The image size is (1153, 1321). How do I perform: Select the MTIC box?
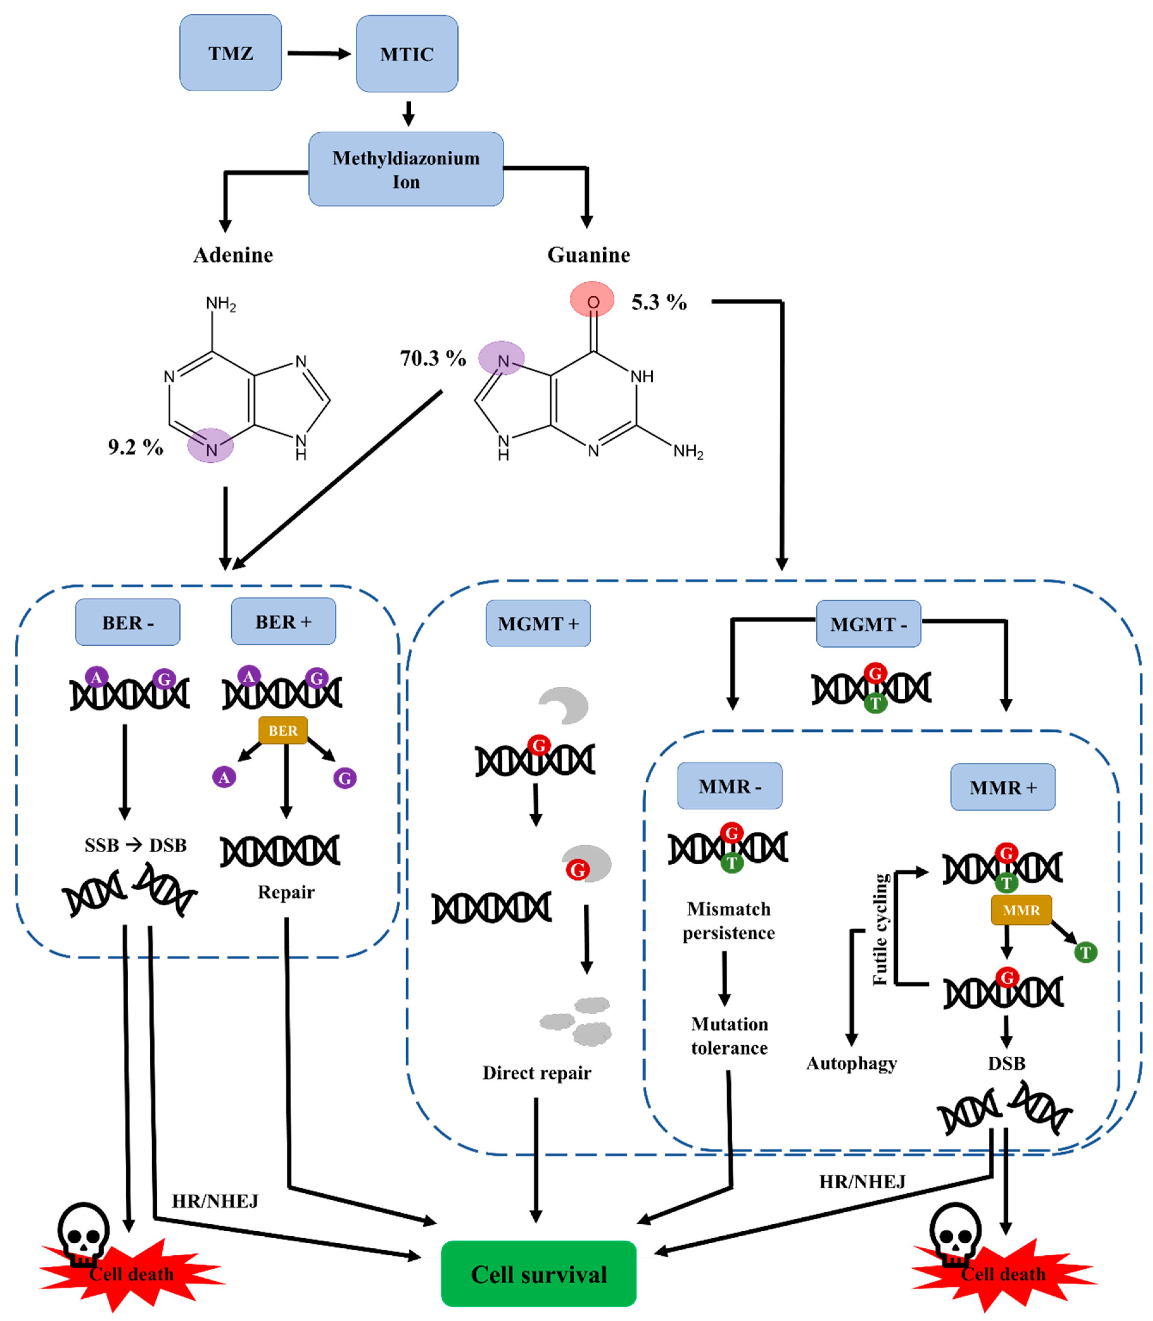407,54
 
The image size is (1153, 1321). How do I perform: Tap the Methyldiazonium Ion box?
406,169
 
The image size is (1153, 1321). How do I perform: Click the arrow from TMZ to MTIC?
318,53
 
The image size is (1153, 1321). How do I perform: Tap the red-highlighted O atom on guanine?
592,300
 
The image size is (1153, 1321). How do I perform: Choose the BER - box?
127,622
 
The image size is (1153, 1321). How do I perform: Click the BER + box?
283,622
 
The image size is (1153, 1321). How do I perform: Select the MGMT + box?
538,624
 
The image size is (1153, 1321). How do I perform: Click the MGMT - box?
868,624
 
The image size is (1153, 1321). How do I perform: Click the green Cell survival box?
539,1274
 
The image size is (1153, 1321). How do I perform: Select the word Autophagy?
851,1063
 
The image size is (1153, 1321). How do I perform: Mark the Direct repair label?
537,1073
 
